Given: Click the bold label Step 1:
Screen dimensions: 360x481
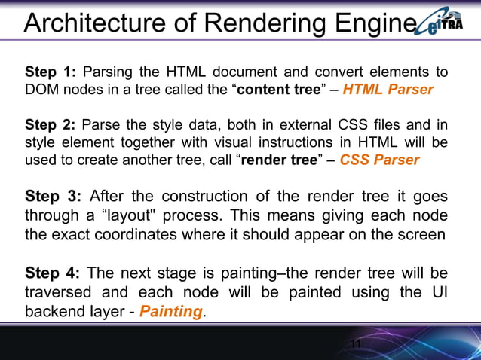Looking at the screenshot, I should [x=51, y=72].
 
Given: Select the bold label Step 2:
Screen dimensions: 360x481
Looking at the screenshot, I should [x=51, y=124].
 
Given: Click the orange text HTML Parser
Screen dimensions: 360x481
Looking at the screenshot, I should [x=388, y=90].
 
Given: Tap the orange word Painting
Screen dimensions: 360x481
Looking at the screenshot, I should [x=172, y=310].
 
